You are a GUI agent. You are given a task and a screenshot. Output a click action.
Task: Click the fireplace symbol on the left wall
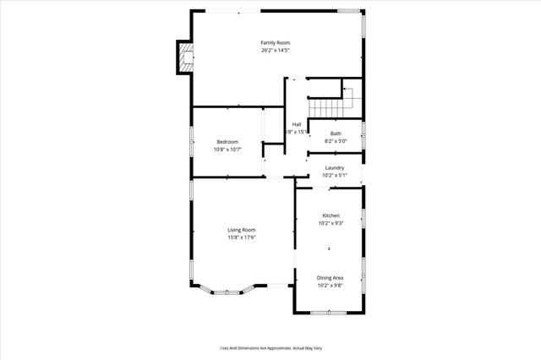pos(184,57)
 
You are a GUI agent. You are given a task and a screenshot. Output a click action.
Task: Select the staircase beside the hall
pos(330,106)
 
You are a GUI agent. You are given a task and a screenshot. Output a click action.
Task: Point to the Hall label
pos(297,124)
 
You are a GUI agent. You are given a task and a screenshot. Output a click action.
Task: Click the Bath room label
pos(336,134)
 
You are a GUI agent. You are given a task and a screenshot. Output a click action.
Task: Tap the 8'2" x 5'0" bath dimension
pos(336,142)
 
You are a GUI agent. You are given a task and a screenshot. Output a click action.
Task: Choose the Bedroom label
pos(227,141)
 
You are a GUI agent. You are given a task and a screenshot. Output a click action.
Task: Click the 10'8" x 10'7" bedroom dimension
pos(227,150)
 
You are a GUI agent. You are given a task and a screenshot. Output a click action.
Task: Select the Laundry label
pos(334,167)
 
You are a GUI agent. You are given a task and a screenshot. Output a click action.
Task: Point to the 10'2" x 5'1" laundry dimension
pos(334,176)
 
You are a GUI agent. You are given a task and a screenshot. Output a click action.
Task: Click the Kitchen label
pos(330,215)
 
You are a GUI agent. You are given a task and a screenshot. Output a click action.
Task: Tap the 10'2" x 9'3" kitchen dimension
pos(330,224)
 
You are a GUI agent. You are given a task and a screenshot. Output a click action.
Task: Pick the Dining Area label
pos(330,277)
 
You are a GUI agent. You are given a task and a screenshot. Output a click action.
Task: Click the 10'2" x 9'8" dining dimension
pos(330,286)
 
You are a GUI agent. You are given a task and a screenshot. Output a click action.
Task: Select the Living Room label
pos(242,230)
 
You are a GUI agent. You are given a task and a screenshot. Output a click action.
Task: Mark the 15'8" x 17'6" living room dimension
pos(242,238)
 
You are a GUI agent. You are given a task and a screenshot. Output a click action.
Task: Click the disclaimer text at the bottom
pos(270,347)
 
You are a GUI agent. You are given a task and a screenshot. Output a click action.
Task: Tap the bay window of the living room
pos(227,292)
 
